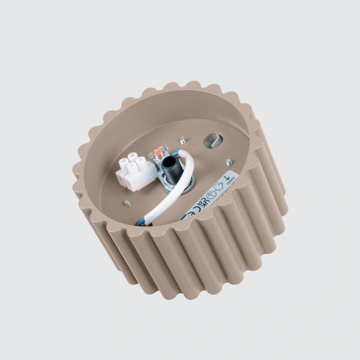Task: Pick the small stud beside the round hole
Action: tap(184, 141)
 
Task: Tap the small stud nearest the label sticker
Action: tap(228, 163)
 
